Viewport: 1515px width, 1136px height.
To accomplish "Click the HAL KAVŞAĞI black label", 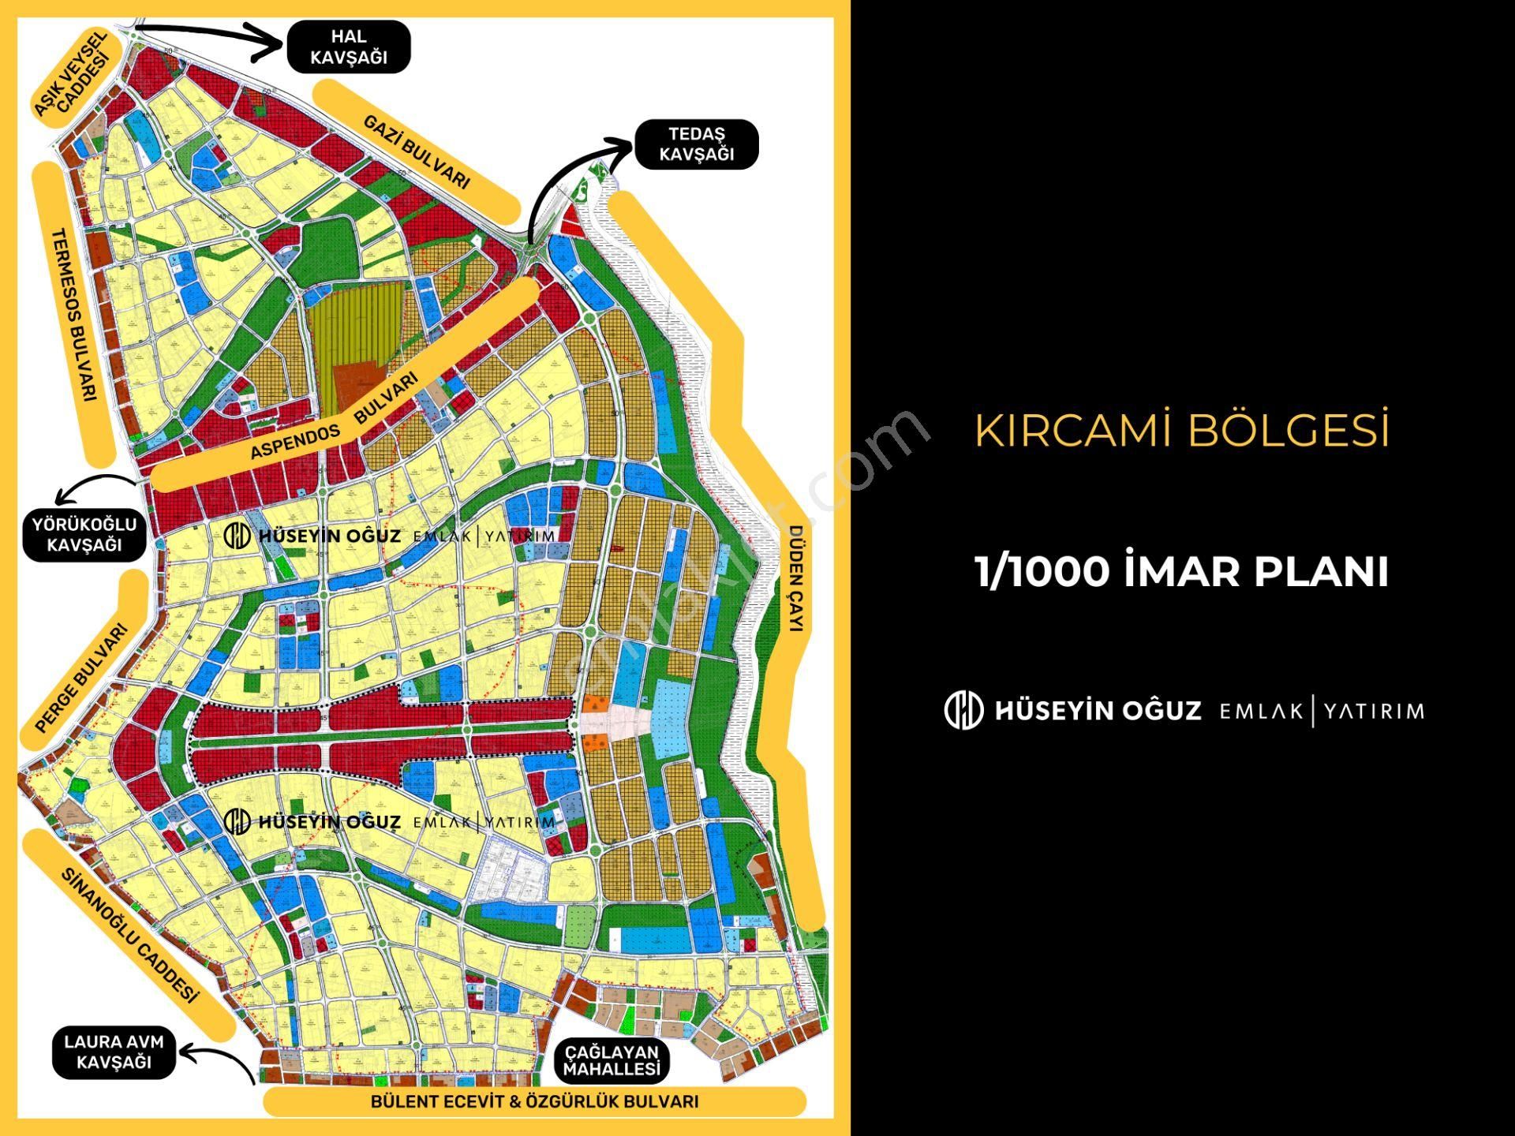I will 348,47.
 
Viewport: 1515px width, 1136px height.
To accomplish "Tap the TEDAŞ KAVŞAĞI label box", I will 696,144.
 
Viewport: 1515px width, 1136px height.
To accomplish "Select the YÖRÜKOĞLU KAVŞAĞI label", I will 84,535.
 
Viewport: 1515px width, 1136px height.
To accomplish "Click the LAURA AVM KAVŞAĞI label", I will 114,1052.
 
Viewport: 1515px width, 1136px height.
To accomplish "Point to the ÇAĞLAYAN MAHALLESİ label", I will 612,1061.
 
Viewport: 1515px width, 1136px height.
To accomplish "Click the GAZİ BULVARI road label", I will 417,151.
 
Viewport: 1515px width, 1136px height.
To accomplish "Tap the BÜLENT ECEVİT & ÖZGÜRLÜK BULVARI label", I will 534,1101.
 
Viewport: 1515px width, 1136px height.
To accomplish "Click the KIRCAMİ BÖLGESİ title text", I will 1181,430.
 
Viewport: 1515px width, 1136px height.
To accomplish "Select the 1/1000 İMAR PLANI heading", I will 1181,571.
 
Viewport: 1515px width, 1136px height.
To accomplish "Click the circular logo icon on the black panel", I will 963,710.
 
